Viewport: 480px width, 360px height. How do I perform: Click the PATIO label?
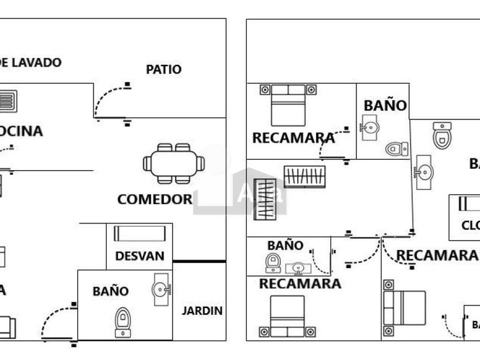pyautogui.click(x=163, y=70)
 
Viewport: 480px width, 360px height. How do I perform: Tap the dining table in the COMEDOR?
pyautogui.click(x=174, y=163)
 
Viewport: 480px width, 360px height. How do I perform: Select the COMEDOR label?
pyautogui.click(x=154, y=199)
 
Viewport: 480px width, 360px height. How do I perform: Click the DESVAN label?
pyautogui.click(x=139, y=257)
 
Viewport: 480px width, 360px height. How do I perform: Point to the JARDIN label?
pyautogui.click(x=202, y=311)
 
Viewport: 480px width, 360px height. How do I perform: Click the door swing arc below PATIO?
pyautogui.click(x=109, y=100)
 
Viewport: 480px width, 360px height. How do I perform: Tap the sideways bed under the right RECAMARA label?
pyautogui.click(x=405, y=307)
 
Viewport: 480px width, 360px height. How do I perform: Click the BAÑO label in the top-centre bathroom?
pyautogui.click(x=385, y=106)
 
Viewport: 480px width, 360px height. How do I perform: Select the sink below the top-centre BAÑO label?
pyautogui.click(x=370, y=127)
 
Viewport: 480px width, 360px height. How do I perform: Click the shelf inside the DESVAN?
pyautogui.click(x=139, y=234)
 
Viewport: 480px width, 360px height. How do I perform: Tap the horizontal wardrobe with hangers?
pyautogui.click(x=305, y=177)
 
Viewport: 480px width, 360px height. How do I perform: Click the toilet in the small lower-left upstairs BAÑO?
pyautogui.click(x=273, y=262)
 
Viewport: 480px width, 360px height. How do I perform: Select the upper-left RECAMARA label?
pyautogui.click(x=293, y=138)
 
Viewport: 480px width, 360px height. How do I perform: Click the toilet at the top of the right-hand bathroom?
pyautogui.click(x=442, y=135)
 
